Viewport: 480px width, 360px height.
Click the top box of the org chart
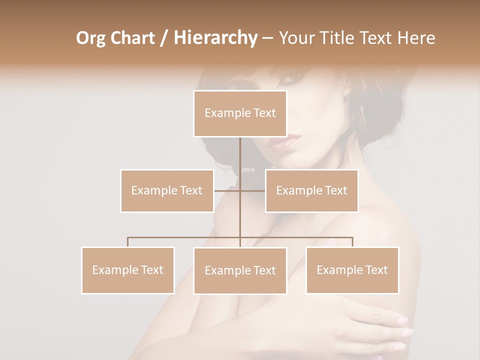pyautogui.click(x=240, y=113)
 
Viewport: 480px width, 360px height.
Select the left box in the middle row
pyautogui.click(x=167, y=190)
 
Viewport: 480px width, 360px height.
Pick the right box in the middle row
pyautogui.click(x=311, y=190)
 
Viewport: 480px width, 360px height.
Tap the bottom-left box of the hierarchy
pyautogui.click(x=128, y=270)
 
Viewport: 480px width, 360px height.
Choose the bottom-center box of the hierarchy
pyautogui.click(x=240, y=270)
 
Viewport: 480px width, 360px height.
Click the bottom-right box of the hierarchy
pyautogui.click(x=352, y=270)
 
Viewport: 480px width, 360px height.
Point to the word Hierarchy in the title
pyautogui.click(x=215, y=38)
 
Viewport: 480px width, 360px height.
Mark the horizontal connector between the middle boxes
pyautogui.click(x=240, y=190)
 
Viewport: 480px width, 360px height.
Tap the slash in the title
pyautogui.click(x=164, y=38)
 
